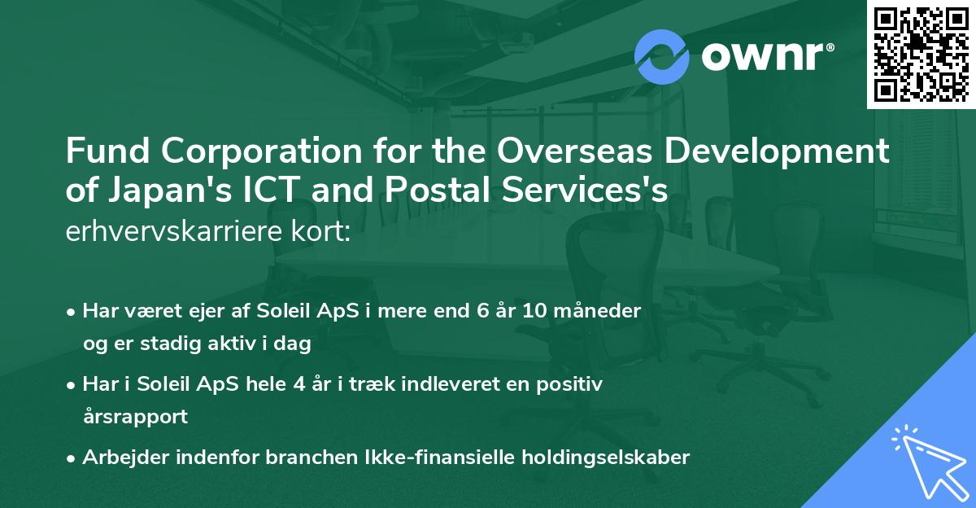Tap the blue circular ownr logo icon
(661, 56)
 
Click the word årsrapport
(135, 418)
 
